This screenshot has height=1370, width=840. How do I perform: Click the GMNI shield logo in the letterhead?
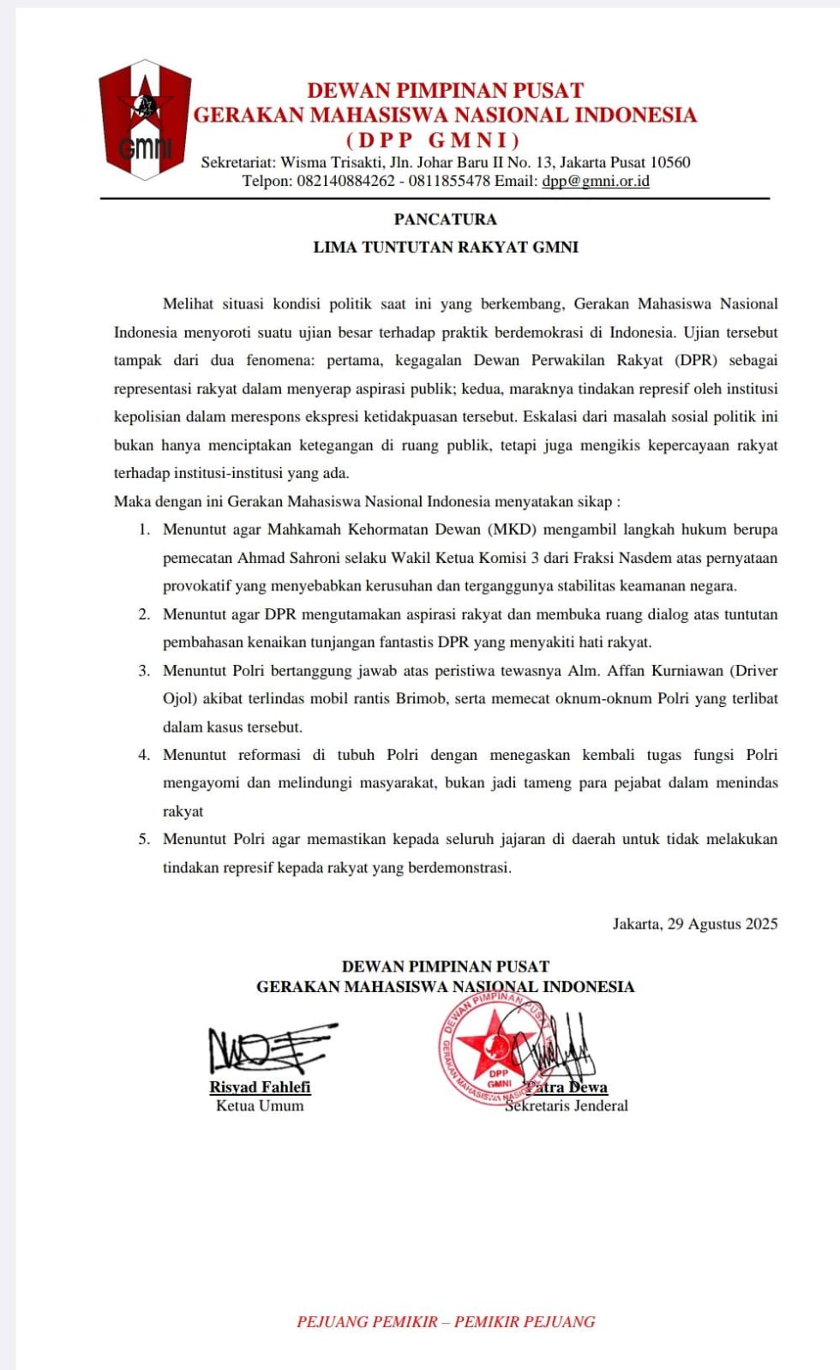(145, 119)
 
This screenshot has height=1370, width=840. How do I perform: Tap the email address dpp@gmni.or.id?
(595, 182)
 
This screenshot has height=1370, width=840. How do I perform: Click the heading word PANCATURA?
(445, 219)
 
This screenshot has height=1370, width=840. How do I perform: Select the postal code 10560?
(669, 162)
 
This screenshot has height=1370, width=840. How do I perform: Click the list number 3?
(144, 671)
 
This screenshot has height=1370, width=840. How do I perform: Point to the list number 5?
(144, 840)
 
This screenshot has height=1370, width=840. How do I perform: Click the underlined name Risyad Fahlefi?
(260, 1087)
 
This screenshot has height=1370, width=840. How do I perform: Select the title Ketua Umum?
(260, 1106)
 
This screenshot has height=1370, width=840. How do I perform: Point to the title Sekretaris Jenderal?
(567, 1106)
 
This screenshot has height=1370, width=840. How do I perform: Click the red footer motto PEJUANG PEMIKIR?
(367, 1322)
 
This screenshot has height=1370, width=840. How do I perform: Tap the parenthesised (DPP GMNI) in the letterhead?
(433, 140)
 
